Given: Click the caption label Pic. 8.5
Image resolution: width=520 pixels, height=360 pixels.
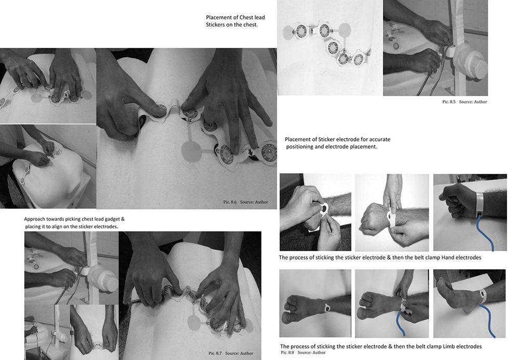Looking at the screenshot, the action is click(x=449, y=102).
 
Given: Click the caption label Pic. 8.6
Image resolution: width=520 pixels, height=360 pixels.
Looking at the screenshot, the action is click(x=230, y=202).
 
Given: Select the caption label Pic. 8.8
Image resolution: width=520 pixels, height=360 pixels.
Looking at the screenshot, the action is click(x=287, y=352).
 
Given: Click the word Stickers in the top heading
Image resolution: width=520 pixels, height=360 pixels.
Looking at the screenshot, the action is click(x=215, y=24).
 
